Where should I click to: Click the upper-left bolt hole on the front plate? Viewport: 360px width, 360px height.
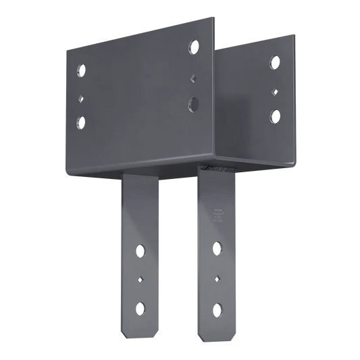pyautogui.click(x=81, y=70)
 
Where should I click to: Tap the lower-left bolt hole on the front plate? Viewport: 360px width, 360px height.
pyautogui.click(x=81, y=123)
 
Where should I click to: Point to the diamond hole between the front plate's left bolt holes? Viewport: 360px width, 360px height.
pyautogui.click(x=80, y=97)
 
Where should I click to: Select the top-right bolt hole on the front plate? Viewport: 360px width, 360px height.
pyautogui.click(x=195, y=48)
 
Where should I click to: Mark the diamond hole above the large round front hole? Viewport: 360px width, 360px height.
pyautogui.click(x=193, y=77)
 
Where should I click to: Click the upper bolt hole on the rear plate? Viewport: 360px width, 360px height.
pyautogui.click(x=275, y=63)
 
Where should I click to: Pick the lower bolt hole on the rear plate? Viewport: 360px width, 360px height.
pyautogui.click(x=275, y=115)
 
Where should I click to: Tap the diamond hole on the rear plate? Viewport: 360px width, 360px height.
pyautogui.click(x=274, y=90)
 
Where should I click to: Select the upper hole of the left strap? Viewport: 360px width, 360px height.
pyautogui.click(x=141, y=251)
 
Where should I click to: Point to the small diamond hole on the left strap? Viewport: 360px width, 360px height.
pyautogui.click(x=141, y=278)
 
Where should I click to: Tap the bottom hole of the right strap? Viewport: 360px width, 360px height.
pyautogui.click(x=217, y=309)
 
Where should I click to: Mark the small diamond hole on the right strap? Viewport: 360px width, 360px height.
pyautogui.click(x=217, y=278)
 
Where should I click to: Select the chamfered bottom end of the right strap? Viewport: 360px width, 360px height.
pyautogui.click(x=217, y=336)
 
